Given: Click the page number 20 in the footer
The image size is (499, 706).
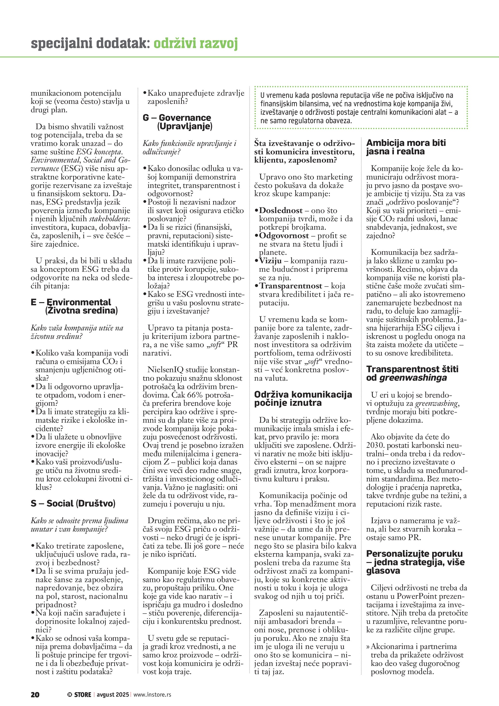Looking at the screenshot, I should (x=35, y=694).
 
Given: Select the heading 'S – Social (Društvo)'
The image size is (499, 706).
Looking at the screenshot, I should (x=73, y=503).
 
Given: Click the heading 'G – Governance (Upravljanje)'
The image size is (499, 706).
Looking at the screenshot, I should (x=177, y=122).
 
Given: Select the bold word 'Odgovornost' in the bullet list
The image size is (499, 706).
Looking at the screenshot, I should (x=284, y=236).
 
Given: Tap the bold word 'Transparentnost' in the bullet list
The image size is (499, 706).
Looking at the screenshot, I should (x=291, y=286).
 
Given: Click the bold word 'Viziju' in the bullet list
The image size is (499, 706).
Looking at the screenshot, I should (x=270, y=261).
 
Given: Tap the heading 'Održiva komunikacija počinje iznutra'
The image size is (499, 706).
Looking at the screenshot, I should (x=303, y=399).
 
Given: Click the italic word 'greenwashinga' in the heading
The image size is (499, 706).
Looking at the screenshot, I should (x=413, y=378).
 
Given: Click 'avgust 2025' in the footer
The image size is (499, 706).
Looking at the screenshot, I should (x=113, y=694).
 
